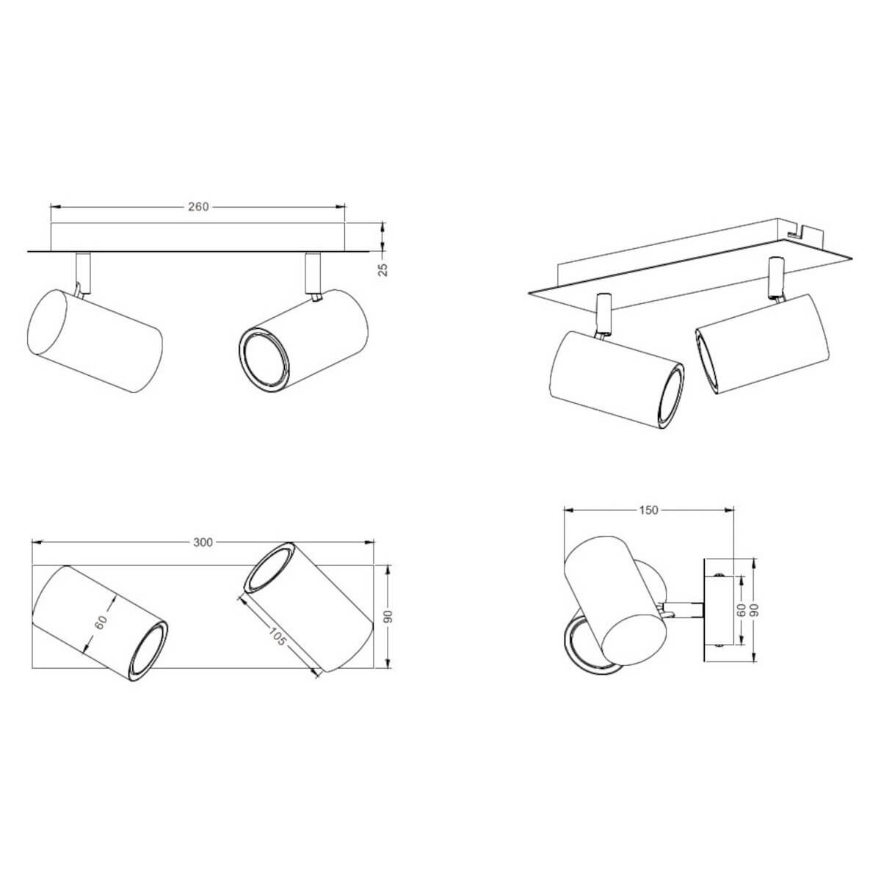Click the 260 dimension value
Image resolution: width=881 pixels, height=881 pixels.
coord(198,207)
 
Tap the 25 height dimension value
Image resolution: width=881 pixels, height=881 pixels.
coord(384,269)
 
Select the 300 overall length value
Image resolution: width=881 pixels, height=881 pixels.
coord(203,543)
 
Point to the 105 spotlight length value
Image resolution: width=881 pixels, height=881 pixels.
coord(277,637)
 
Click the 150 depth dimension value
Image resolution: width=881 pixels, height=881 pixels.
coord(648,510)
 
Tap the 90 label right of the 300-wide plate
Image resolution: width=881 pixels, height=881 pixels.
coord(388,617)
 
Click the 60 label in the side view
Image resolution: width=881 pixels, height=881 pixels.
coord(742,610)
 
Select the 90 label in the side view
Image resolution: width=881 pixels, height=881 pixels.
coord(755,610)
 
